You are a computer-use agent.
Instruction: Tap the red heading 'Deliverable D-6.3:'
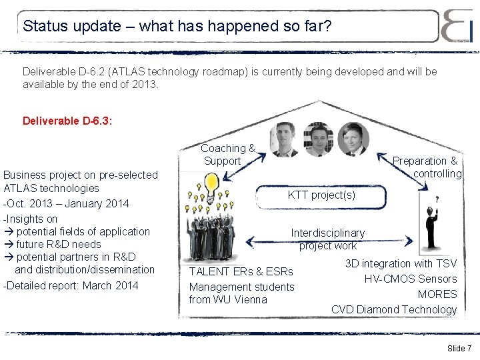[x=67, y=121]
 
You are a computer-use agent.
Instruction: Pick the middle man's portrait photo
[x=317, y=139]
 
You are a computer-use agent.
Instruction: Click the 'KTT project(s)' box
[x=321, y=196]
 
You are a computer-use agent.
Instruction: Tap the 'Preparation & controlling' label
[x=426, y=167]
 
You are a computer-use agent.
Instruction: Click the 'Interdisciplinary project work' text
[x=328, y=239]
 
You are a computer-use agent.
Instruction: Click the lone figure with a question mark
[x=427, y=227]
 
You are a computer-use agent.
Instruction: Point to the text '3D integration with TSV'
[x=401, y=263]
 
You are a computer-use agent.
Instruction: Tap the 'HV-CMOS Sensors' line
[x=410, y=279]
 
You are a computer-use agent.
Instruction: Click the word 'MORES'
[x=437, y=294]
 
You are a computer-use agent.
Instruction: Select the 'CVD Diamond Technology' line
[x=394, y=309]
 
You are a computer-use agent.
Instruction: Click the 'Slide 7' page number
[x=459, y=349]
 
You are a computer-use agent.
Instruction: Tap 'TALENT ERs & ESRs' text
[x=241, y=271]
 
